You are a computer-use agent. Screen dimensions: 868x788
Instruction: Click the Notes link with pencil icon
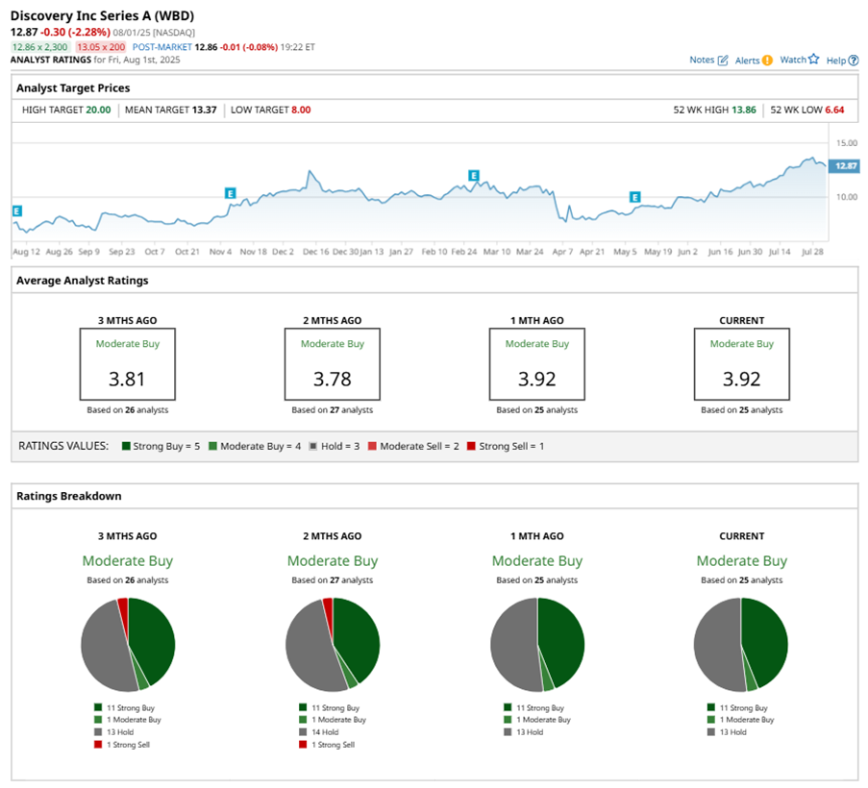tap(708, 60)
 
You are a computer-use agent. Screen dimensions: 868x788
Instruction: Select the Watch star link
tap(800, 60)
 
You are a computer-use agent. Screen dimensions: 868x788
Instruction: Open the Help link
tap(842, 61)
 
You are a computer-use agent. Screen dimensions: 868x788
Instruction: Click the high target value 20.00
tap(98, 110)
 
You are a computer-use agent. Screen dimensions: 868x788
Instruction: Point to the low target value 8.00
tap(301, 110)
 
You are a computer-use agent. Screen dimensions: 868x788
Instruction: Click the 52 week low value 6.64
tap(834, 110)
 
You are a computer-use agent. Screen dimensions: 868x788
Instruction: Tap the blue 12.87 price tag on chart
tap(845, 165)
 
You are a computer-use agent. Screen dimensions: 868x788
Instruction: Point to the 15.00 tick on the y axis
tap(847, 143)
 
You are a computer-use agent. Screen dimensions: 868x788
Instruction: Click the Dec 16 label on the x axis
tap(315, 251)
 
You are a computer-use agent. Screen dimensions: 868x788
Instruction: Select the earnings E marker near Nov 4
tap(231, 193)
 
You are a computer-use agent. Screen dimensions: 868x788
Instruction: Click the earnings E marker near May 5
tap(635, 197)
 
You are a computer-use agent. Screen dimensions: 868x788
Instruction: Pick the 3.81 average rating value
tap(127, 379)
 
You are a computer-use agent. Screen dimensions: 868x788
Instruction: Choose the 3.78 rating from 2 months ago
tap(333, 379)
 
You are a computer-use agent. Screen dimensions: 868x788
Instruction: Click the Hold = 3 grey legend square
tap(313, 446)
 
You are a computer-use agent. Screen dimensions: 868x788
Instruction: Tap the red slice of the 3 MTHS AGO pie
tap(123, 608)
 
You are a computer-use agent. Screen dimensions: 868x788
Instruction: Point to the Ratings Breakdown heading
tap(69, 496)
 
